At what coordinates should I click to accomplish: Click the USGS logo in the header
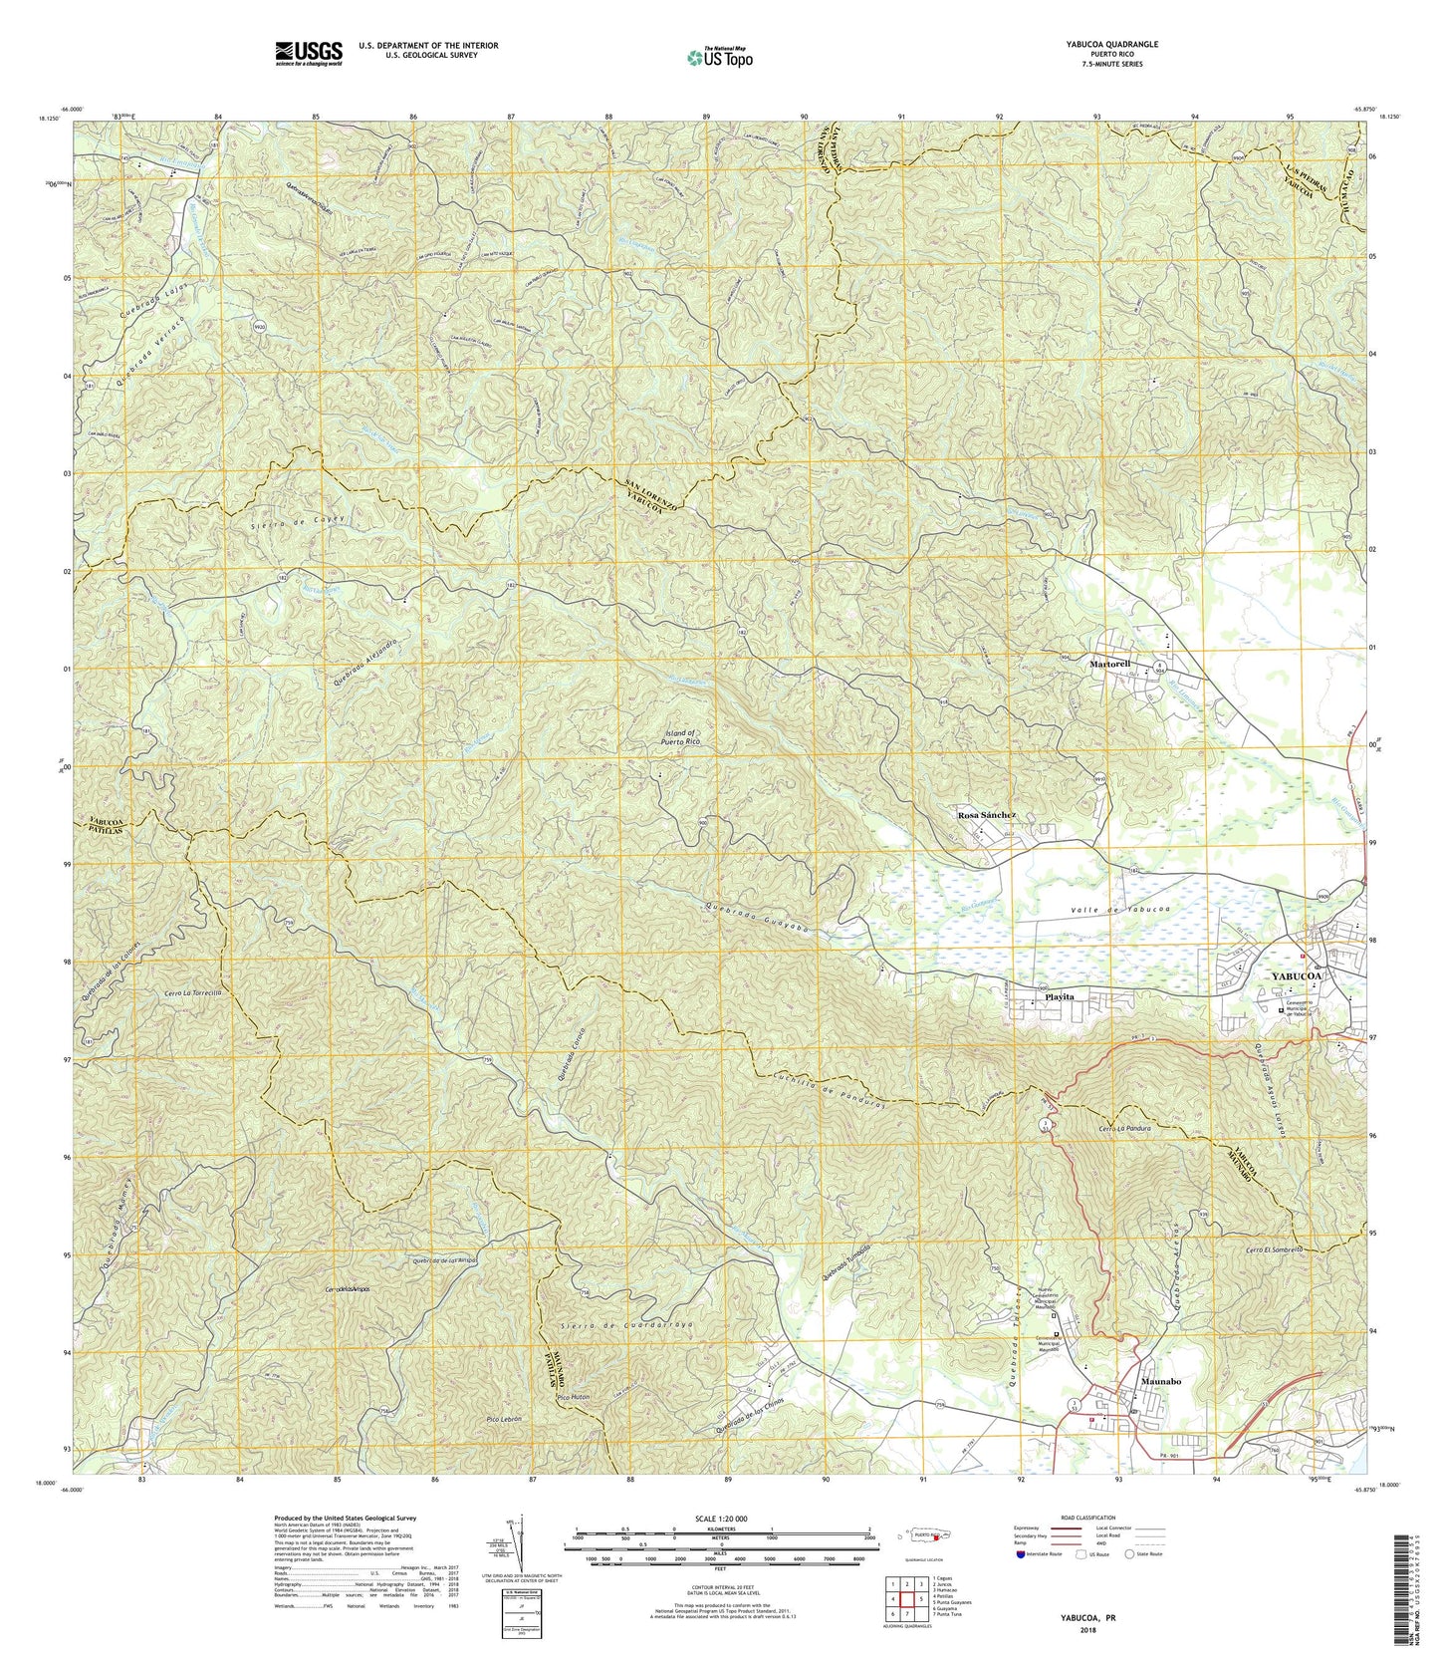click(309, 52)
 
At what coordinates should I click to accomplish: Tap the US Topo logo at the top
click(719, 58)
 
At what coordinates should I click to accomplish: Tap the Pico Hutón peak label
click(575, 1398)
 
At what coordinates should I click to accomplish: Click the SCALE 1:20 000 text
click(720, 1519)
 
